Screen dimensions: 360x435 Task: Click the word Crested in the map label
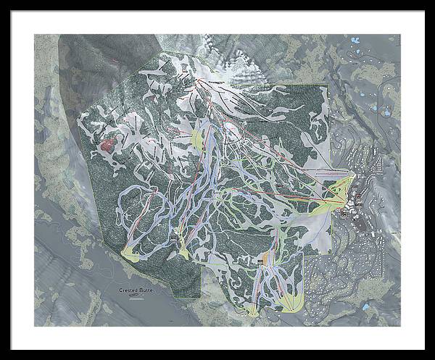tap(128, 290)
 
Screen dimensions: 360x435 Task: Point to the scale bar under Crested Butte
tap(138, 296)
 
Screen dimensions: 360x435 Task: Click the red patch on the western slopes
tap(107, 145)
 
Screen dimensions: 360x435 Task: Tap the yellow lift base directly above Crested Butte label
tap(131, 253)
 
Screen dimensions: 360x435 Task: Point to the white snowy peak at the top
tap(243, 69)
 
